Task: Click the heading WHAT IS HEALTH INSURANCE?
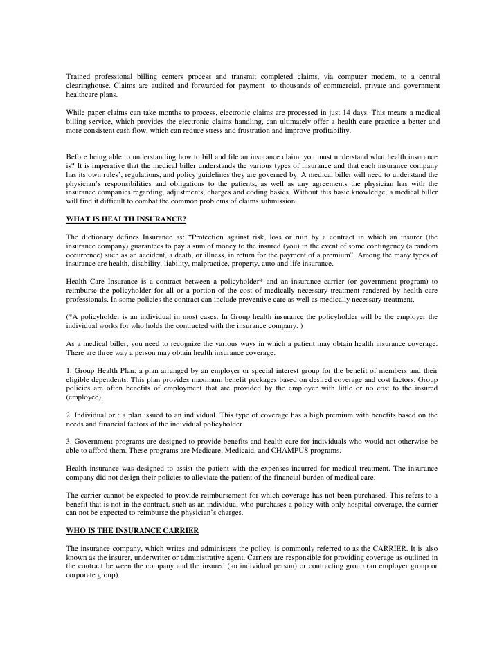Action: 117,221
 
